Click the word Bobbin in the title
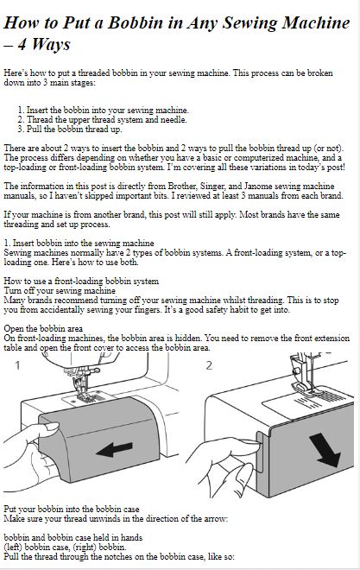[x=136, y=23]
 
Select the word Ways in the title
[x=50, y=45]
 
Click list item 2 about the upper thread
[x=103, y=119]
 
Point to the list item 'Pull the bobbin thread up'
[x=70, y=129]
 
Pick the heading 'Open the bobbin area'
[x=43, y=329]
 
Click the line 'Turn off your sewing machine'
[x=60, y=291]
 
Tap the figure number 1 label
[x=17, y=365]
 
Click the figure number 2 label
[x=209, y=365]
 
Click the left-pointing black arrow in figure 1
[x=114, y=449]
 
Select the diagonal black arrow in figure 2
[x=325, y=450]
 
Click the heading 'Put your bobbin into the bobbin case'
[x=72, y=509]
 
